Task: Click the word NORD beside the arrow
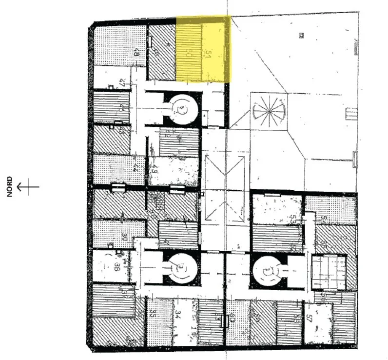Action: [x=10, y=187]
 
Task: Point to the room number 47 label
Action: [x=122, y=82]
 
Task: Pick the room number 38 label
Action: [x=117, y=266]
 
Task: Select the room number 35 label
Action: [x=153, y=313]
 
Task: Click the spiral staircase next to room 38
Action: [x=181, y=268]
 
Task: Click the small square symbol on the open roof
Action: [x=302, y=36]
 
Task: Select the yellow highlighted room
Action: [x=203, y=49]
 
